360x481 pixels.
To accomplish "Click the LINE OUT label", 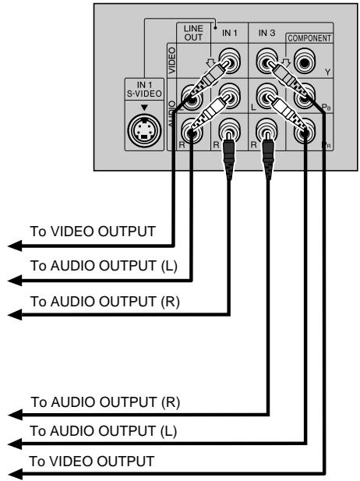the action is coord(193,33).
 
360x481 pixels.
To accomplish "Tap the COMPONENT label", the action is coord(309,38).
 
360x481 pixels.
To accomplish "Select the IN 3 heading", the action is coord(266,33).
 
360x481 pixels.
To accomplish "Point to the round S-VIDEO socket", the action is coord(144,130).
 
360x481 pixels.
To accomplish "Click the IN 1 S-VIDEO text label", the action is coord(144,90).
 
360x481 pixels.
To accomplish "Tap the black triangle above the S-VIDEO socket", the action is coord(144,108).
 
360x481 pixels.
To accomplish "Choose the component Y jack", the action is coord(304,62).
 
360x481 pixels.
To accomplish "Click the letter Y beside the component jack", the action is coord(328,73).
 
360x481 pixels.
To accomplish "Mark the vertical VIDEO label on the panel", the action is coord(172,61).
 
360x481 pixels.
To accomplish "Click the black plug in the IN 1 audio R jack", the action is coord(229,155).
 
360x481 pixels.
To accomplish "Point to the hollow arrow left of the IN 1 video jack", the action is coord(210,63).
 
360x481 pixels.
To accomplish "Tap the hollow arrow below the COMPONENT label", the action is coord(286,62).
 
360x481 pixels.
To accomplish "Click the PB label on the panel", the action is coord(326,107).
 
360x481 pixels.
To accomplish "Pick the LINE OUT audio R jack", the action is coord(192,131).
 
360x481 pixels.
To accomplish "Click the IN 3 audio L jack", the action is coord(266,96).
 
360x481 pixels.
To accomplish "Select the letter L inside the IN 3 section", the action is coord(253,108).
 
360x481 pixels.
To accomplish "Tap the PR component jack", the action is coord(305,131).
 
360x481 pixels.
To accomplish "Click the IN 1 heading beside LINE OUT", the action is coord(230,33).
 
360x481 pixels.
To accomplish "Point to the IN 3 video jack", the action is coord(266,61).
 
